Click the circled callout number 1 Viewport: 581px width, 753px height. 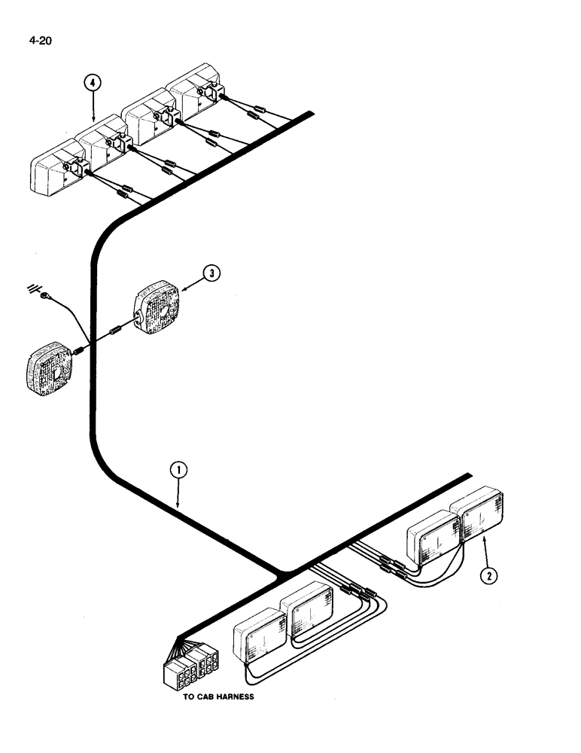pos(178,471)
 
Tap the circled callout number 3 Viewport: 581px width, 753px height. pos(213,273)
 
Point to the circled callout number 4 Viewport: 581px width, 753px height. pos(92,84)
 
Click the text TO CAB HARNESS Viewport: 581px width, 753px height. pos(219,697)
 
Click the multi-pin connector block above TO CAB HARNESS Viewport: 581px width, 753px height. pos(191,663)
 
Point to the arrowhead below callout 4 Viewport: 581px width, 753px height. pos(92,119)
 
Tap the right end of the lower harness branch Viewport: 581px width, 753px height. pos(468,476)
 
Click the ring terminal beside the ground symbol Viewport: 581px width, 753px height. pos(46,295)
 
